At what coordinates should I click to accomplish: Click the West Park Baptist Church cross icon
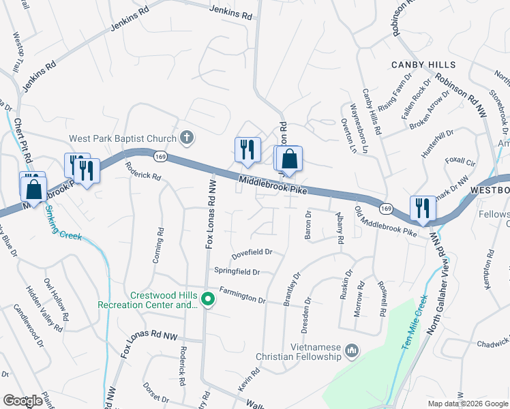[x=187, y=138]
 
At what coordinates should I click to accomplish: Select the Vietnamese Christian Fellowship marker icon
[x=352, y=351]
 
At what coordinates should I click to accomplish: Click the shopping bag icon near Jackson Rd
[x=289, y=159]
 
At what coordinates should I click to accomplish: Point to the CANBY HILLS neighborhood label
[x=423, y=65]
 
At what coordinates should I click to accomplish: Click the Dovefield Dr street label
[x=252, y=252]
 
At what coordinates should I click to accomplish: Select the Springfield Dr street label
[x=237, y=272]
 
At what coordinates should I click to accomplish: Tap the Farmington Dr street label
[x=242, y=299]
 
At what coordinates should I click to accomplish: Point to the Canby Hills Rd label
[x=372, y=111]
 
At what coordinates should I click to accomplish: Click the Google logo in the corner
[x=22, y=401]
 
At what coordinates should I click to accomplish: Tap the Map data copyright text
[x=468, y=404]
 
